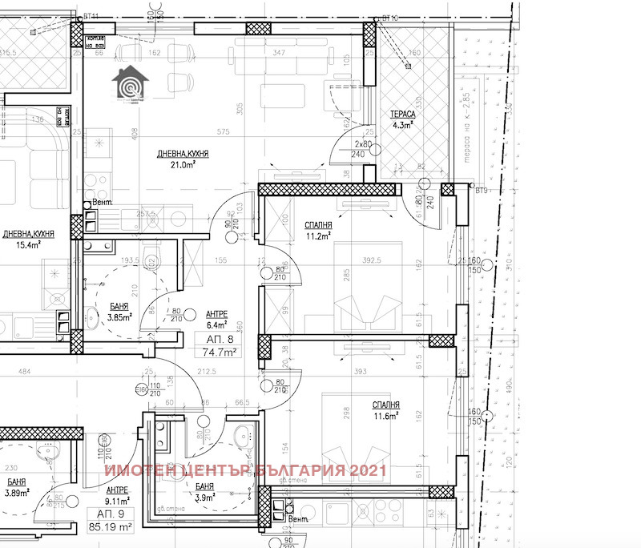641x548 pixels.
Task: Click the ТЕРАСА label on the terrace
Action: pyautogui.click(x=401, y=113)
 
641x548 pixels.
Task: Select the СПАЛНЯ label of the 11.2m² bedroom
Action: pyautogui.click(x=319, y=225)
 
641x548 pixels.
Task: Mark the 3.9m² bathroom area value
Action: pyautogui.click(x=205, y=498)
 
